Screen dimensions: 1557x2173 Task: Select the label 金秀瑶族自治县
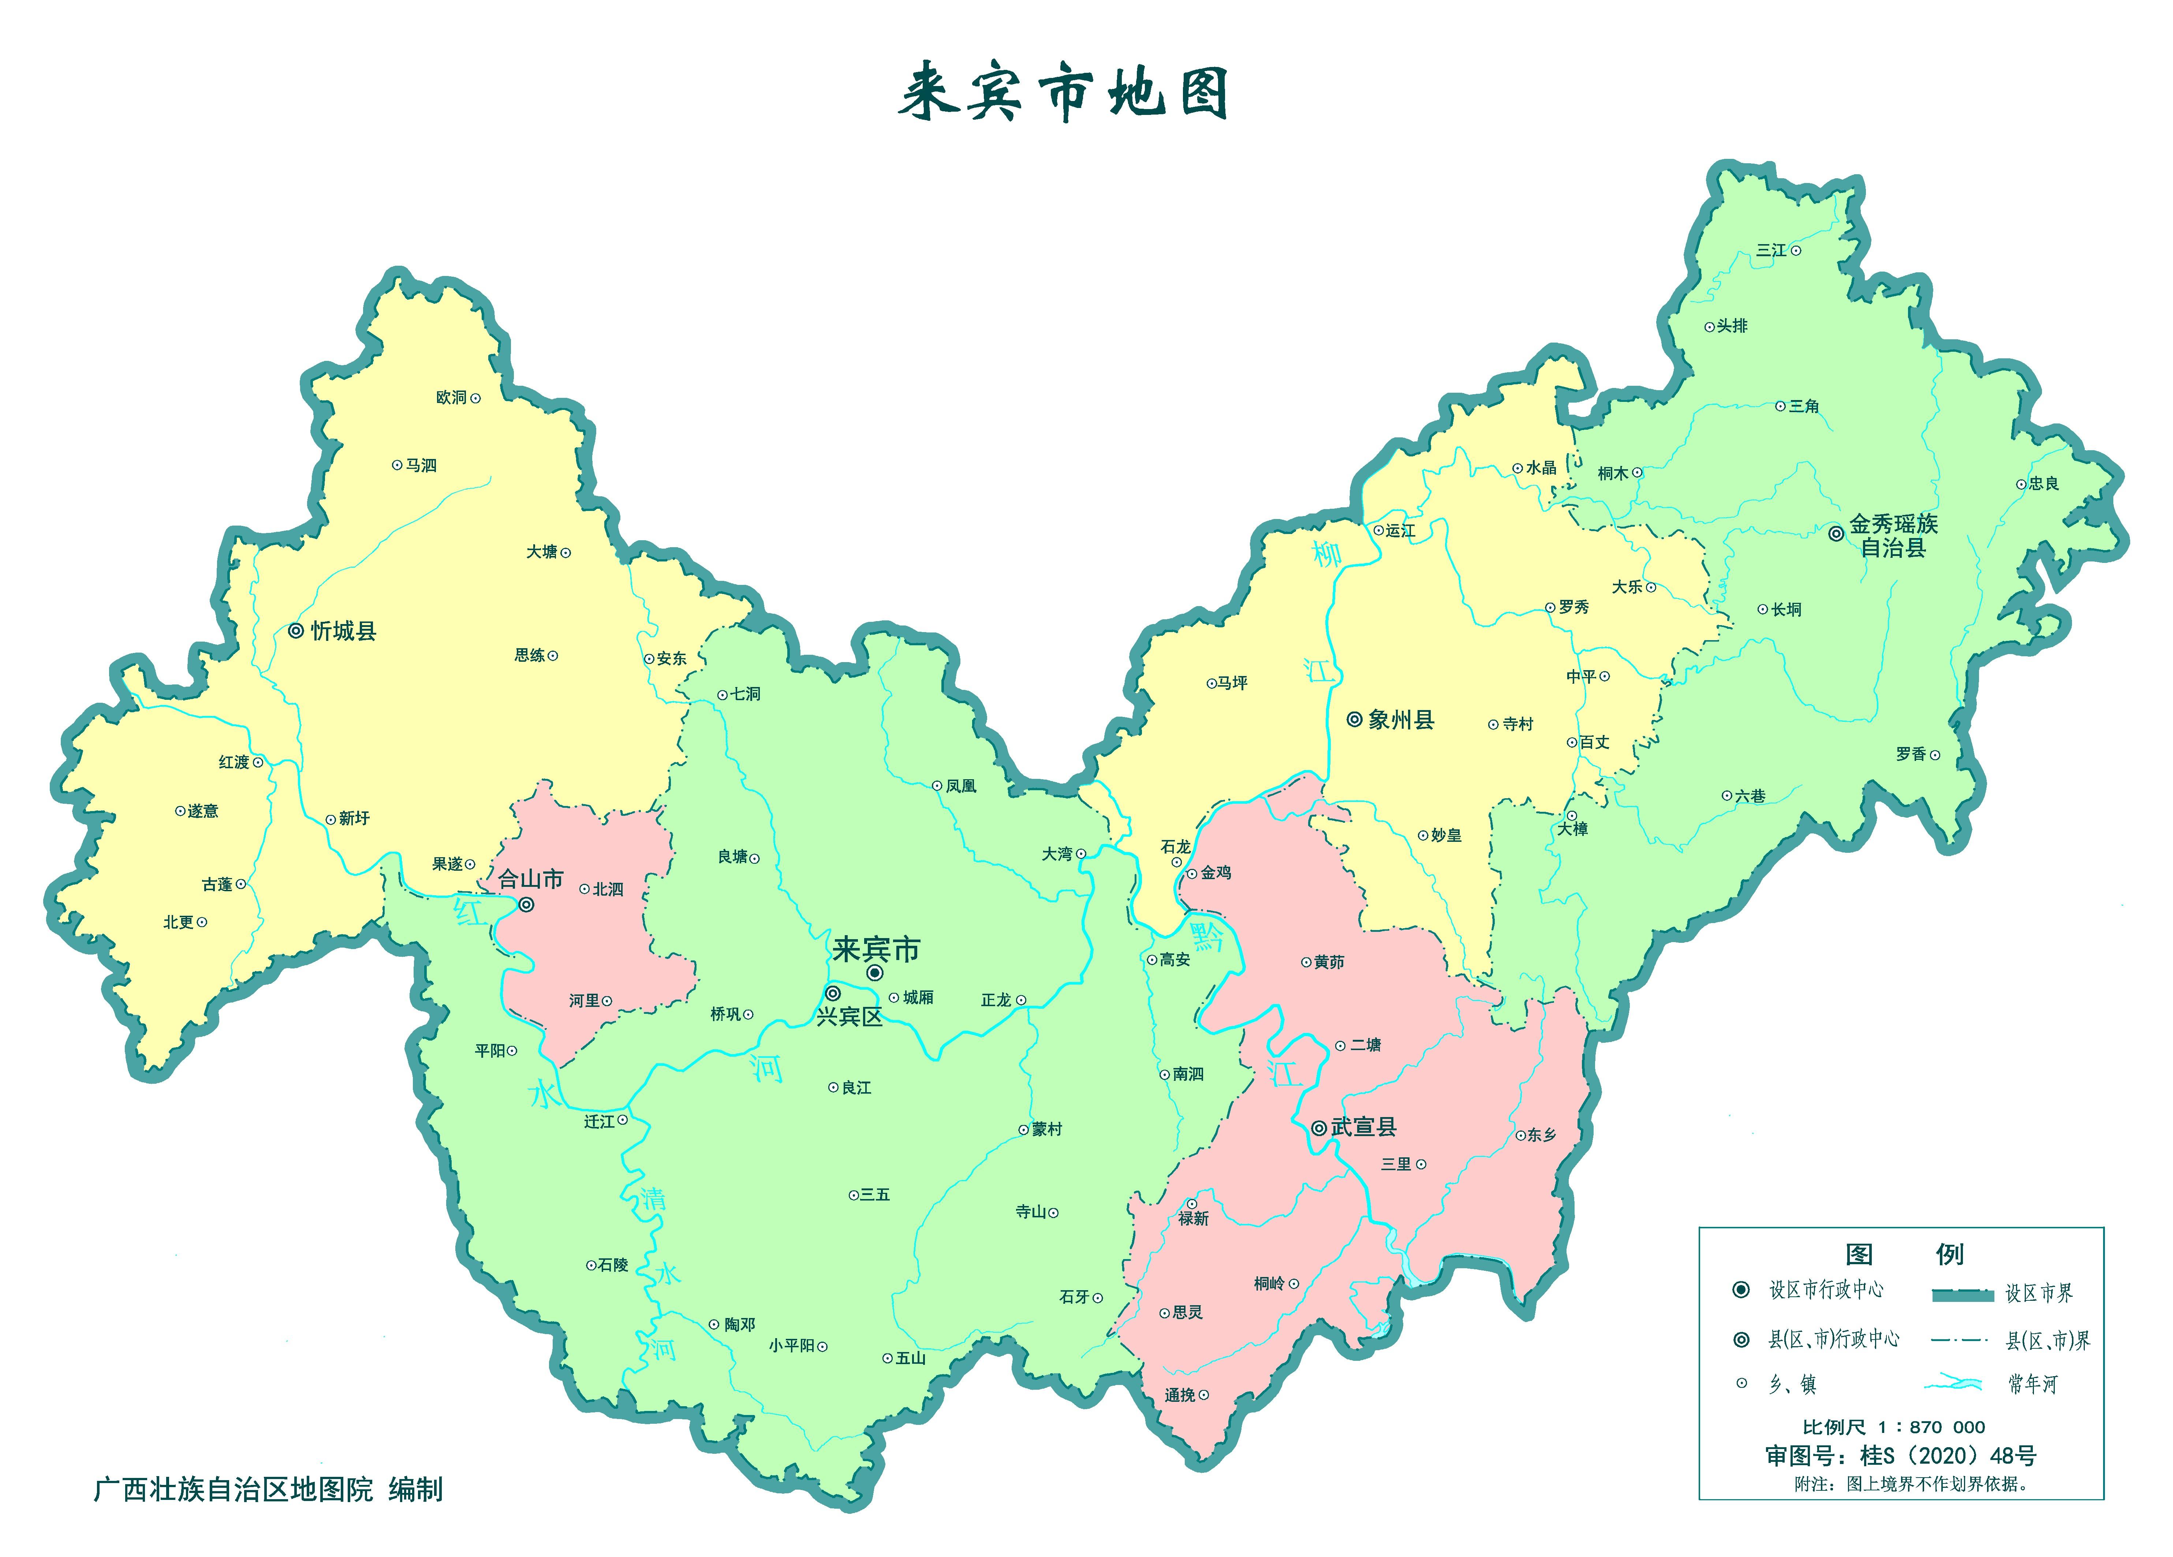coord(1892,535)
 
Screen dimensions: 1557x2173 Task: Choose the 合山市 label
coord(531,879)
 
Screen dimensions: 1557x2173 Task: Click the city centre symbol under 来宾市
coord(875,972)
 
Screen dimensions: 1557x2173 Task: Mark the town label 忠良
coord(2044,484)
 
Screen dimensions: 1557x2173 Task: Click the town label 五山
coord(910,1358)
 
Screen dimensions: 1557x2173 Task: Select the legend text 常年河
coord(2033,1384)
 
